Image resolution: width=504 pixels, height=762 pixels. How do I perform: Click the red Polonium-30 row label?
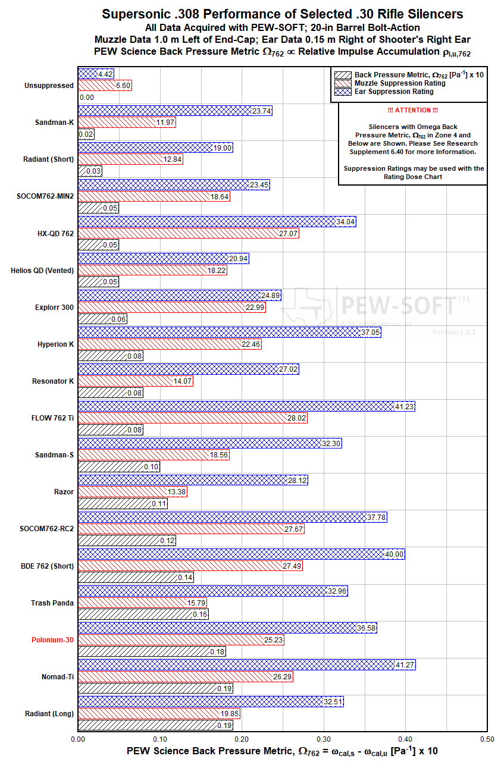point(53,640)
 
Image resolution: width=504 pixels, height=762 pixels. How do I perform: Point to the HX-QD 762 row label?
point(55,234)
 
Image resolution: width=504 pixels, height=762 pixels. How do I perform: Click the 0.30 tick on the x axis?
point(324,738)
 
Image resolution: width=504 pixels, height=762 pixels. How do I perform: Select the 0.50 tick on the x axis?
point(487,738)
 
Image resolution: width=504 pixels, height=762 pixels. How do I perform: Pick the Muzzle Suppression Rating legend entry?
point(400,83)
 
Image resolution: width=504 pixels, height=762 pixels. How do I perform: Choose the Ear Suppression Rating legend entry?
point(394,92)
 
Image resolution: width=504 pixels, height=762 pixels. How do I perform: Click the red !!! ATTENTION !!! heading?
point(412,111)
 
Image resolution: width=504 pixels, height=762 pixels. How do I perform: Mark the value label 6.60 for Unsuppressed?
point(123,86)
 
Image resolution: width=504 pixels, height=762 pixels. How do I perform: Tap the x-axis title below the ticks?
point(282,751)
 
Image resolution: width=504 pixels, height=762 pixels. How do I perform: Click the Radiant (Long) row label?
point(49,714)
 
